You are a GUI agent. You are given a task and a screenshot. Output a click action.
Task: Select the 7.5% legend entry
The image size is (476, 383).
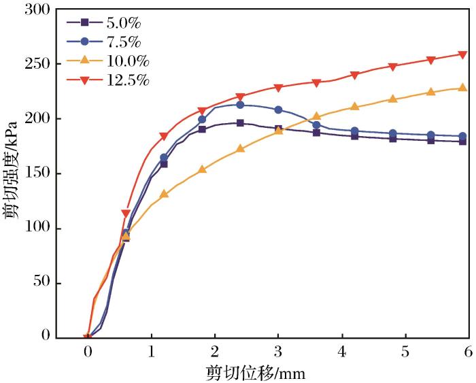tap(109, 42)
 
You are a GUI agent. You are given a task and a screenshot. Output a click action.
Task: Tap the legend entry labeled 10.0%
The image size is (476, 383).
tap(109, 62)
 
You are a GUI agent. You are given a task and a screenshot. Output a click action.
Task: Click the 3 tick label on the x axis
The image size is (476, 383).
tap(278, 351)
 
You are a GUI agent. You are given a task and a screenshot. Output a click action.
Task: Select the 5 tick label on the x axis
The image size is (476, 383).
tap(405, 351)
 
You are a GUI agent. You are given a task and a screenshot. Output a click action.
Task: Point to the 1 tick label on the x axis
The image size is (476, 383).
tap(152, 351)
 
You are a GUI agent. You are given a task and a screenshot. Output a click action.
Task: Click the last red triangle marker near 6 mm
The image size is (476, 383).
tap(462, 54)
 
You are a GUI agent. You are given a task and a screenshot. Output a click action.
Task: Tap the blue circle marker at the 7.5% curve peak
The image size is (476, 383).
tap(240, 105)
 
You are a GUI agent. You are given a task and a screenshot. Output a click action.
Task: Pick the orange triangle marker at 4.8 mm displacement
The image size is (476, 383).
tap(392, 99)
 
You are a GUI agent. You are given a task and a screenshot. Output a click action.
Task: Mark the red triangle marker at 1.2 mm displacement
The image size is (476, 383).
tap(164, 137)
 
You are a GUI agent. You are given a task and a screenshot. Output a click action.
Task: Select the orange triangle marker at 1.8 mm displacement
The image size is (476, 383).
tap(202, 169)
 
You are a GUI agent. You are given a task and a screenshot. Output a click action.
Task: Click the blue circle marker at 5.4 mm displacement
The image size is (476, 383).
tap(430, 135)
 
